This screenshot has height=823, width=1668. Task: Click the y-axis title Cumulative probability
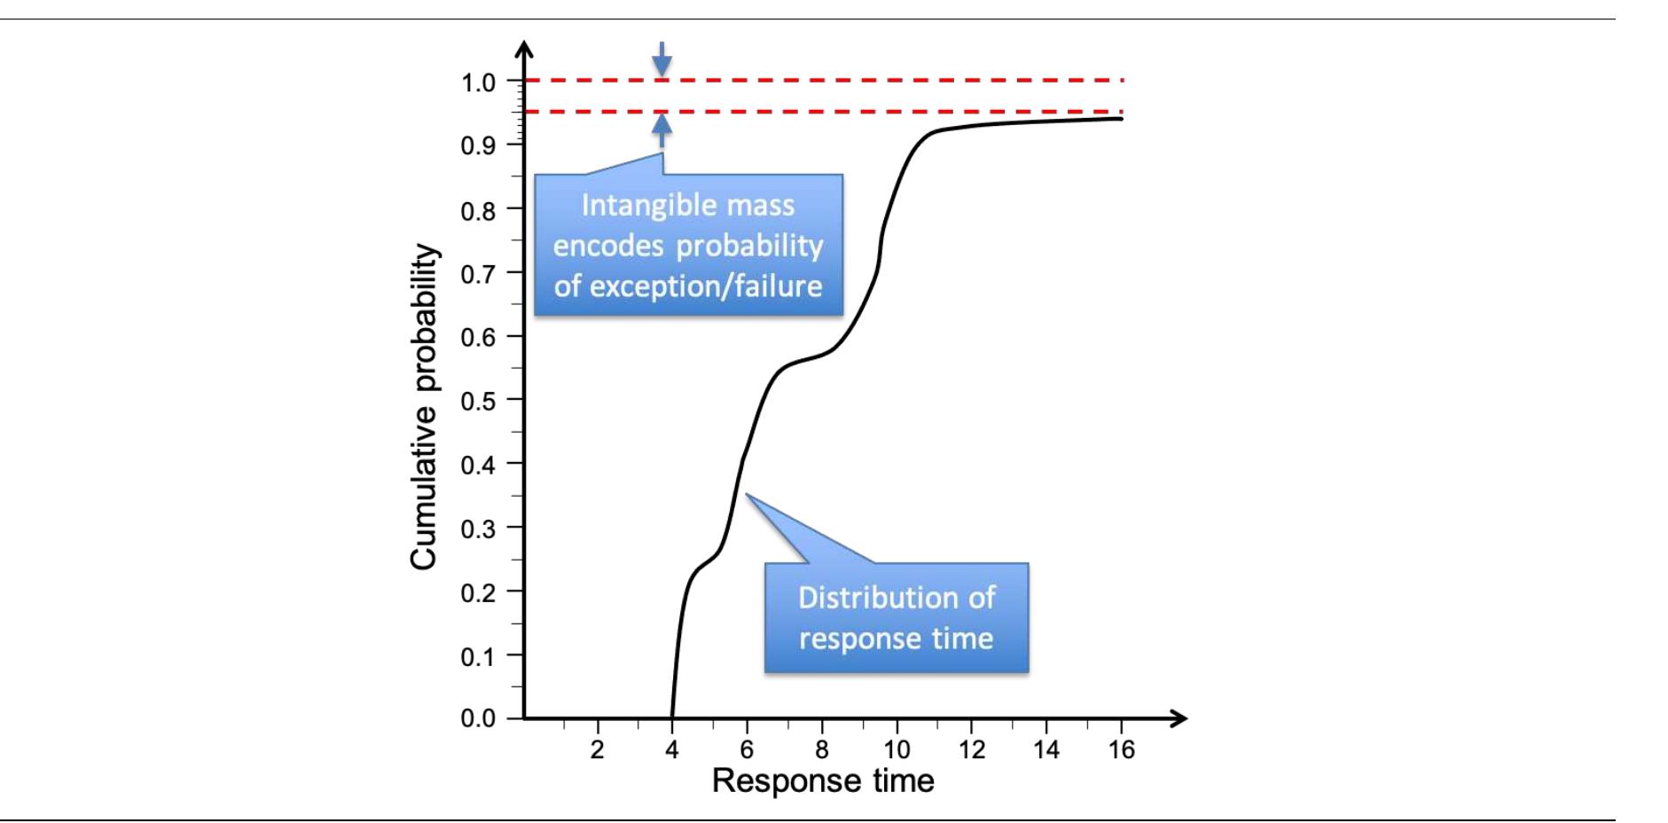point(424,407)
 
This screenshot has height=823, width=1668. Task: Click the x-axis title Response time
point(823,781)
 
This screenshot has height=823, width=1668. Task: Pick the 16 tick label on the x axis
point(1122,750)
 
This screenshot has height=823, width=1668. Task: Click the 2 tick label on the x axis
point(598,750)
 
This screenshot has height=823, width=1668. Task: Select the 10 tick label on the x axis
point(897,750)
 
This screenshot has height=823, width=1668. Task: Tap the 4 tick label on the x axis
point(672,750)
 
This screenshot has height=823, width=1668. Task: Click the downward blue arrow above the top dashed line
point(662,59)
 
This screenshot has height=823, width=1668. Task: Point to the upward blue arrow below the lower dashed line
point(662,131)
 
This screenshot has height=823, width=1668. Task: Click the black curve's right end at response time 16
point(1122,119)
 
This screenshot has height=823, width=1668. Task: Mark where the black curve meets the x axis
point(672,717)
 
